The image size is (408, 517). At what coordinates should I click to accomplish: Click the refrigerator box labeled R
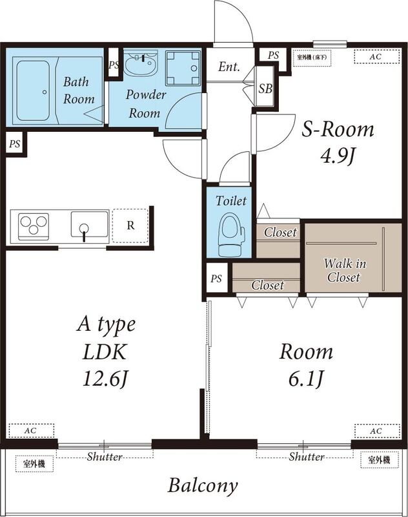point(130,226)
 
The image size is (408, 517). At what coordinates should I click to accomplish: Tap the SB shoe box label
point(265,89)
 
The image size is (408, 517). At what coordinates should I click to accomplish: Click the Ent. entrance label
point(229,67)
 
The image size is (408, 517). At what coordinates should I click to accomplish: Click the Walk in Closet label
point(343,271)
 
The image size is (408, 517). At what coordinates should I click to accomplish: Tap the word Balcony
point(203,485)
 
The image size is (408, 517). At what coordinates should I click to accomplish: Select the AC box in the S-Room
point(375,57)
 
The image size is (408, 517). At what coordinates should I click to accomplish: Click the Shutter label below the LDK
point(105,457)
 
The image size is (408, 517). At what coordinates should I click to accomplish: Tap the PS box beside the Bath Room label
point(114,65)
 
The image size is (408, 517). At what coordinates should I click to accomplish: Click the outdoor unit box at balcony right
point(378,460)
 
